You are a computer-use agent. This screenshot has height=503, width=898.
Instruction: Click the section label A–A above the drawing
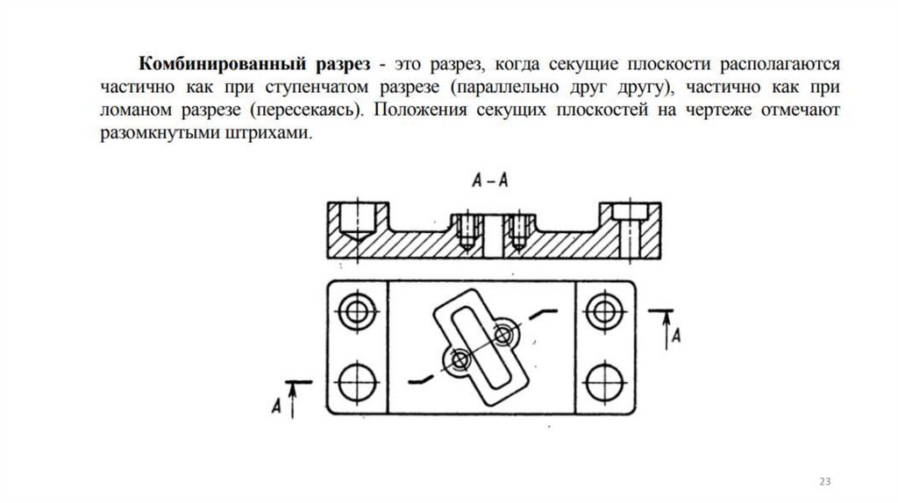pyautogui.click(x=490, y=181)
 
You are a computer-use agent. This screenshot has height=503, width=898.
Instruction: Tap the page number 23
pyautogui.click(x=825, y=483)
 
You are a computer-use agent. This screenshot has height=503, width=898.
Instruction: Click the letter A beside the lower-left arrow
pyautogui.click(x=276, y=405)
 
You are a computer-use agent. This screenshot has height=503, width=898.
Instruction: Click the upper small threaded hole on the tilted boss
pyautogui.click(x=502, y=334)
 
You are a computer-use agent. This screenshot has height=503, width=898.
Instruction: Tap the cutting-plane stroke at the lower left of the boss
pyautogui.click(x=423, y=379)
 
